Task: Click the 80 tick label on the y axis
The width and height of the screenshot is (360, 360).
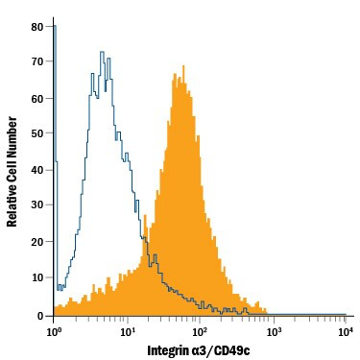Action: [x=37, y=27]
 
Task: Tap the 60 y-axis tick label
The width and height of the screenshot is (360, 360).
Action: [x=37, y=99]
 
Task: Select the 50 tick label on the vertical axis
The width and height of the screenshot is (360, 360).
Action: [x=37, y=134]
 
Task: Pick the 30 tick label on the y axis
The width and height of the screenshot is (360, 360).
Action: [x=37, y=206]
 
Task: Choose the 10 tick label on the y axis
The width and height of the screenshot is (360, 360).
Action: [x=37, y=278]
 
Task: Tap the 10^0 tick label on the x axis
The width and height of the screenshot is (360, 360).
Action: [x=54, y=331]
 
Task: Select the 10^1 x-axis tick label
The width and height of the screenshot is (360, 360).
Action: [x=127, y=331]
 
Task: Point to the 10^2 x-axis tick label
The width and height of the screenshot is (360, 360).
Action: [x=200, y=331]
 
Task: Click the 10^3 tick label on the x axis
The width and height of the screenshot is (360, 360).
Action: [x=273, y=331]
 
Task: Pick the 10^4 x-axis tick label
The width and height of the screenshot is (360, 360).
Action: [x=346, y=331]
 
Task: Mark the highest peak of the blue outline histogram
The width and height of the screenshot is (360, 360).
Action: [x=101, y=51]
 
